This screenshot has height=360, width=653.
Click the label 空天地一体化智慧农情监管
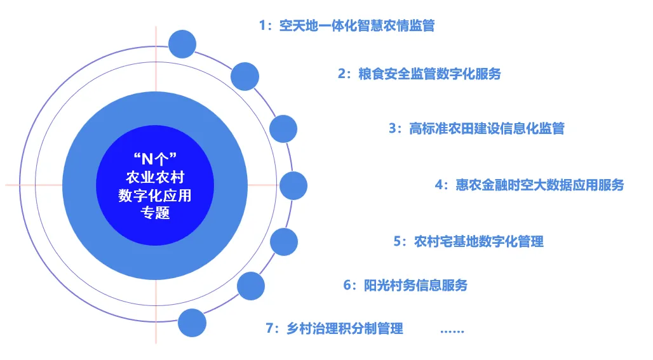(357, 26)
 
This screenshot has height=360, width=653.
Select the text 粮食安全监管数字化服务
(429, 74)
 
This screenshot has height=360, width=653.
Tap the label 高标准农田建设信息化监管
(487, 128)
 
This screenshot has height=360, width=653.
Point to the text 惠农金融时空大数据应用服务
(540, 185)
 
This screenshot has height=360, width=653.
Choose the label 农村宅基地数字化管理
(479, 241)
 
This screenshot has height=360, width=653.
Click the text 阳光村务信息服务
(415, 285)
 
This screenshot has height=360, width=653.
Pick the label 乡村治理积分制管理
(345, 328)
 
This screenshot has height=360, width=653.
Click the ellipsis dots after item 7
(452, 331)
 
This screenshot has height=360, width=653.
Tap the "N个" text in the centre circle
(156, 159)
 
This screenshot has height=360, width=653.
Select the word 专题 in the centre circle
(156, 213)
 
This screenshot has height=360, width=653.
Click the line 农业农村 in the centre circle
(156, 177)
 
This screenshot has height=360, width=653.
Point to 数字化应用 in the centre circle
(155, 195)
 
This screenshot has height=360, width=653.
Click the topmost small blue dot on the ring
(182, 44)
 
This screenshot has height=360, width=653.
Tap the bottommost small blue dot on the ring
(192, 323)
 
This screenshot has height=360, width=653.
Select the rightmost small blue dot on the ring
(293, 185)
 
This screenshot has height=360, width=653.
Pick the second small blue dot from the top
(245, 77)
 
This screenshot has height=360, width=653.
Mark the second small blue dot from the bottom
(251, 286)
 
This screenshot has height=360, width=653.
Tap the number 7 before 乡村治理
(269, 328)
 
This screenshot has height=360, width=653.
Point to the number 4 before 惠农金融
(439, 185)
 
